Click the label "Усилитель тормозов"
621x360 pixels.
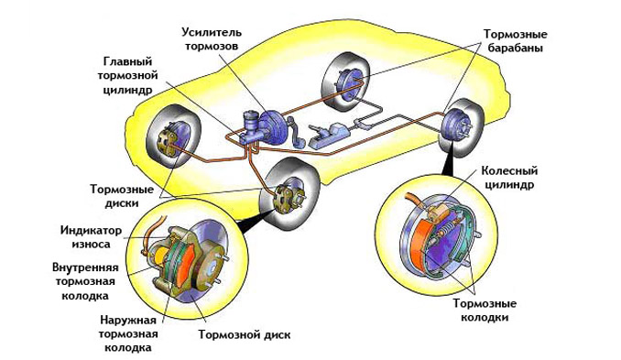click(x=212, y=38)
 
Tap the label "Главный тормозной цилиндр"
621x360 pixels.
click(x=127, y=76)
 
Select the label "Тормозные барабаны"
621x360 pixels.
click(x=515, y=41)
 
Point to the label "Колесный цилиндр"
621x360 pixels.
click(x=509, y=178)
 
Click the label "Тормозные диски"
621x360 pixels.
click(x=122, y=196)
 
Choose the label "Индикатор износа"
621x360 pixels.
click(x=91, y=237)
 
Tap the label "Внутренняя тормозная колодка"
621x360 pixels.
click(x=85, y=281)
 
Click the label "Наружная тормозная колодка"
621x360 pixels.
click(x=128, y=333)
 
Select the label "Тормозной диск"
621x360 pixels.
click(x=245, y=334)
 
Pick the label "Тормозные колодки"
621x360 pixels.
click(x=485, y=311)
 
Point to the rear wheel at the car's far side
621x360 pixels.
click(x=345, y=82)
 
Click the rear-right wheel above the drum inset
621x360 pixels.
click(x=462, y=127)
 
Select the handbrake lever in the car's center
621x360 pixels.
click(x=328, y=135)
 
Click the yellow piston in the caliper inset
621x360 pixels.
click(x=160, y=257)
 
